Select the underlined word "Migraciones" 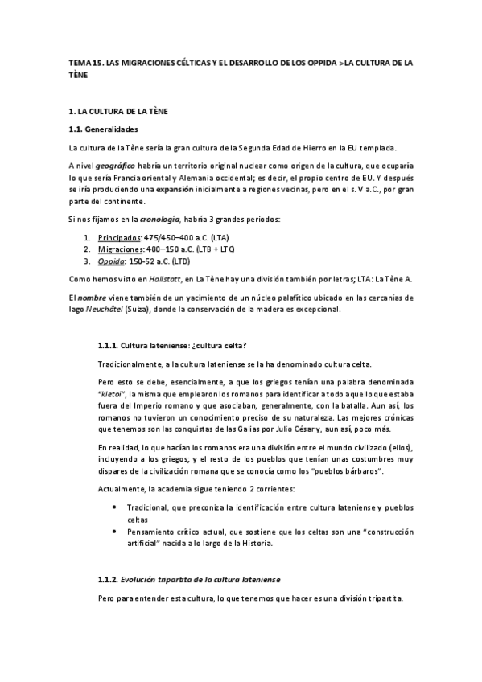[x=120, y=249]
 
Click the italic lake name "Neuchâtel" [x=106, y=310]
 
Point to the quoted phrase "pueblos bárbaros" [x=343, y=469]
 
